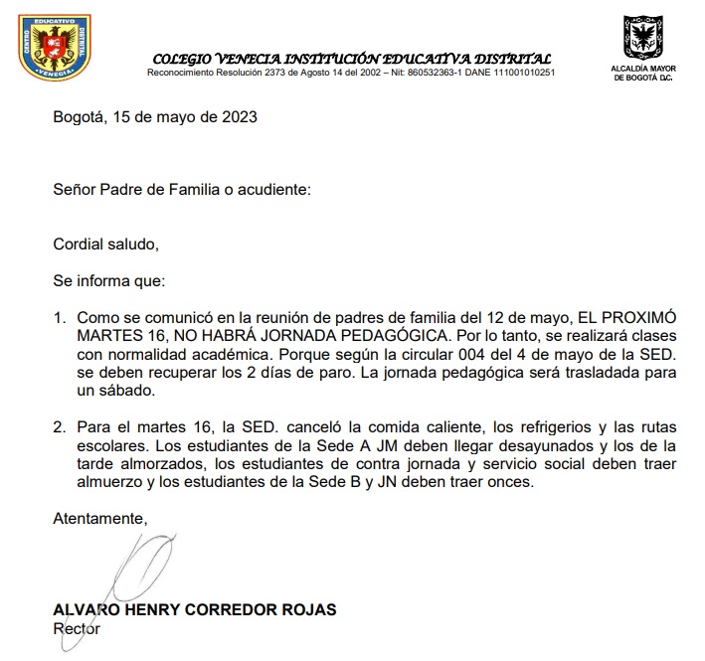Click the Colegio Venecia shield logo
click(54, 49)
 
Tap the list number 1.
click(58, 317)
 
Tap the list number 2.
click(58, 428)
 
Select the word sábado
click(126, 392)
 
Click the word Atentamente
click(99, 518)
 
